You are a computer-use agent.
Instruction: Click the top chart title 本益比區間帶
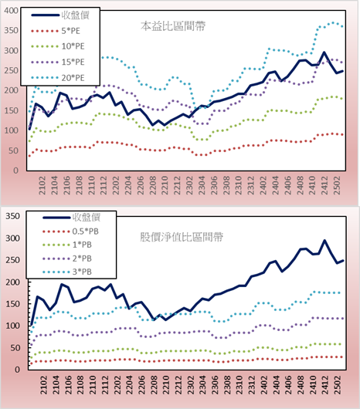pos(173,26)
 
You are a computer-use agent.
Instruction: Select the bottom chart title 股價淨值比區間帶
pos(182,237)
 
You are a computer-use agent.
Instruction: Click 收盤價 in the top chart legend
pos(76,15)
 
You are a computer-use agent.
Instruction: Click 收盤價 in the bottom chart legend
pos(87,218)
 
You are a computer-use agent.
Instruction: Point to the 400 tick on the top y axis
pos(12,11)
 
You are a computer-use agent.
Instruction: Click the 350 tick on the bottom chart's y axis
pos(12,216)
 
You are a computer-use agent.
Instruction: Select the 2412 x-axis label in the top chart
pos(324,185)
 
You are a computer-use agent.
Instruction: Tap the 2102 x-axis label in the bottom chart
pos(43,385)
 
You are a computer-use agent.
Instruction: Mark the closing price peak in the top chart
pos(324,52)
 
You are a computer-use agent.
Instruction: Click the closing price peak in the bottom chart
pos(324,241)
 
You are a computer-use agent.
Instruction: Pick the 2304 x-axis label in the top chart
pos(202,185)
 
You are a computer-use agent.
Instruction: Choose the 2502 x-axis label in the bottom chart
pos(338,385)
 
